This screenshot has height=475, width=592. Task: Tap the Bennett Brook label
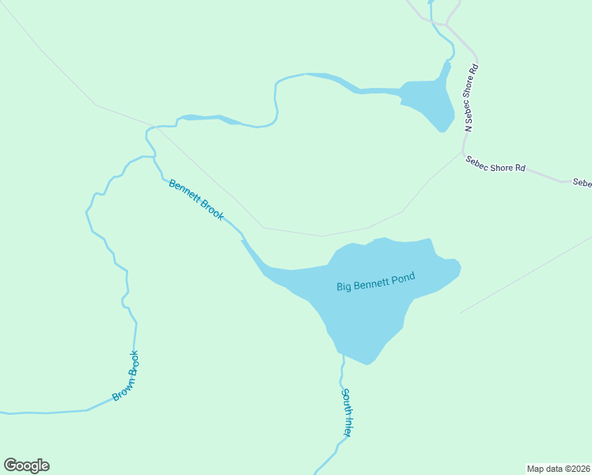coord(196,199)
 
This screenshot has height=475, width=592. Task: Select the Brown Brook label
coord(126,375)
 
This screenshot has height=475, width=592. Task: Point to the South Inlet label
coord(347,412)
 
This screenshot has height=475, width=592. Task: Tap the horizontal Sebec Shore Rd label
coord(495,164)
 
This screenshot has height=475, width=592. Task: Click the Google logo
coord(26,465)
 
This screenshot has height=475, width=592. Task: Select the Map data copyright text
coord(558,469)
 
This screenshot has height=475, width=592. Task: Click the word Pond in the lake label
coord(401,278)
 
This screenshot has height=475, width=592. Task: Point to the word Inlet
coord(347,424)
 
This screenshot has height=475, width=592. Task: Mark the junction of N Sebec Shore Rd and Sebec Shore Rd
coord(463,152)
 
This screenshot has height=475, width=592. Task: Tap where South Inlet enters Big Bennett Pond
coord(343,355)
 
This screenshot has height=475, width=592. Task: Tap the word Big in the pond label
coord(344,287)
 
